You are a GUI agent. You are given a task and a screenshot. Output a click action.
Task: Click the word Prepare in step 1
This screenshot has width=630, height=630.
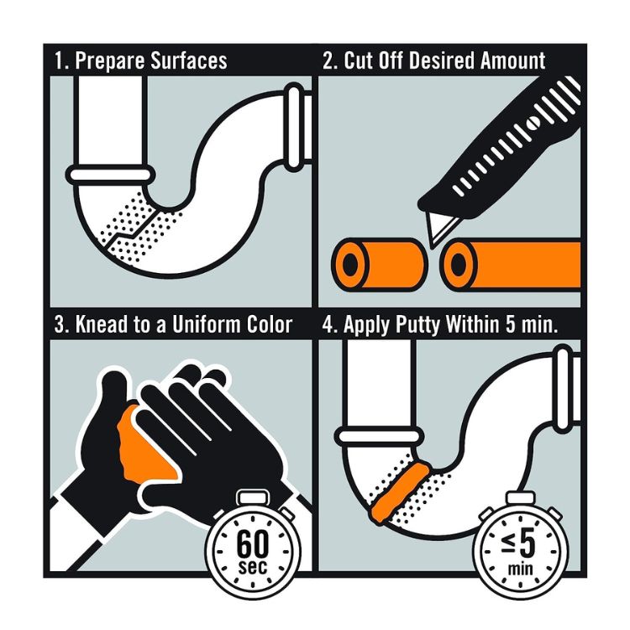point(110,61)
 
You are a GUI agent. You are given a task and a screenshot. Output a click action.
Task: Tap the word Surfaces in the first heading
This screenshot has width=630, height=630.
point(189,60)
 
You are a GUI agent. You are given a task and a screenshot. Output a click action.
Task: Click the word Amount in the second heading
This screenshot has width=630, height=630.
point(512,60)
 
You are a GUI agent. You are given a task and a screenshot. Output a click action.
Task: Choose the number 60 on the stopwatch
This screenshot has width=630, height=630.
point(252,543)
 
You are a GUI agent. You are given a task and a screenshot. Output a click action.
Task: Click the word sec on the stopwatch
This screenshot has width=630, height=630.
point(252,566)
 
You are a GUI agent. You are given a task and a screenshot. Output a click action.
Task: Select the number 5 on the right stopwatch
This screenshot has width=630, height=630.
point(528,544)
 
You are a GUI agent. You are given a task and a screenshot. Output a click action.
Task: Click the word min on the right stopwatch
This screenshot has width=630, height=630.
point(520,569)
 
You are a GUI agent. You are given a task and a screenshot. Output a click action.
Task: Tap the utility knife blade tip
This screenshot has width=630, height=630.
point(433,247)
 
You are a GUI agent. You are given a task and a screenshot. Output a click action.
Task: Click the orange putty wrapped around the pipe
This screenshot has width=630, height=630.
point(401,491)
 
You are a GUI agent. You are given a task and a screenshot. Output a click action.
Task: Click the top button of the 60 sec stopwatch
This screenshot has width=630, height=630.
point(253,498)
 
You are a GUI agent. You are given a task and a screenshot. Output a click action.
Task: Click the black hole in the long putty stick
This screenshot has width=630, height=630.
point(459,264)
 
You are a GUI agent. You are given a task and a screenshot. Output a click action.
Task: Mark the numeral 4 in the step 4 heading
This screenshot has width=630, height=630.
point(328,324)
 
